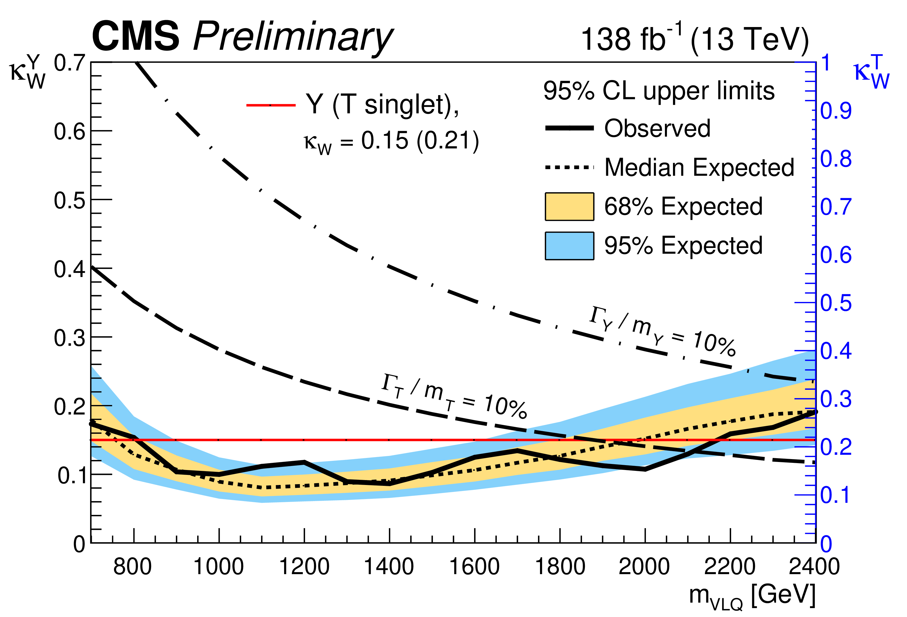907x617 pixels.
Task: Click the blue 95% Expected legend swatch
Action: (569, 246)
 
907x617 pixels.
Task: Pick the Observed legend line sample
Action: (569, 128)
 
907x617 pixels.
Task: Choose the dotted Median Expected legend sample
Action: (569, 167)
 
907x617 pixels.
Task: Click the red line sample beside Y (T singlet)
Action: (271, 105)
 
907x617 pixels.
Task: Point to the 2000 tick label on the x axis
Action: (644, 567)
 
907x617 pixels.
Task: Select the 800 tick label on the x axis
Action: (133, 567)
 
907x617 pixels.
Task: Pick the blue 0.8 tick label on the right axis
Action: (836, 159)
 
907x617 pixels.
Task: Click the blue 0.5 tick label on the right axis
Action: (836, 303)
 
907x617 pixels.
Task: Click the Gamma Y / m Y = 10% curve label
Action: (662, 331)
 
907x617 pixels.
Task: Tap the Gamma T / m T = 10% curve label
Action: (454, 396)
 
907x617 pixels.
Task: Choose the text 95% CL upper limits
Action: (659, 91)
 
